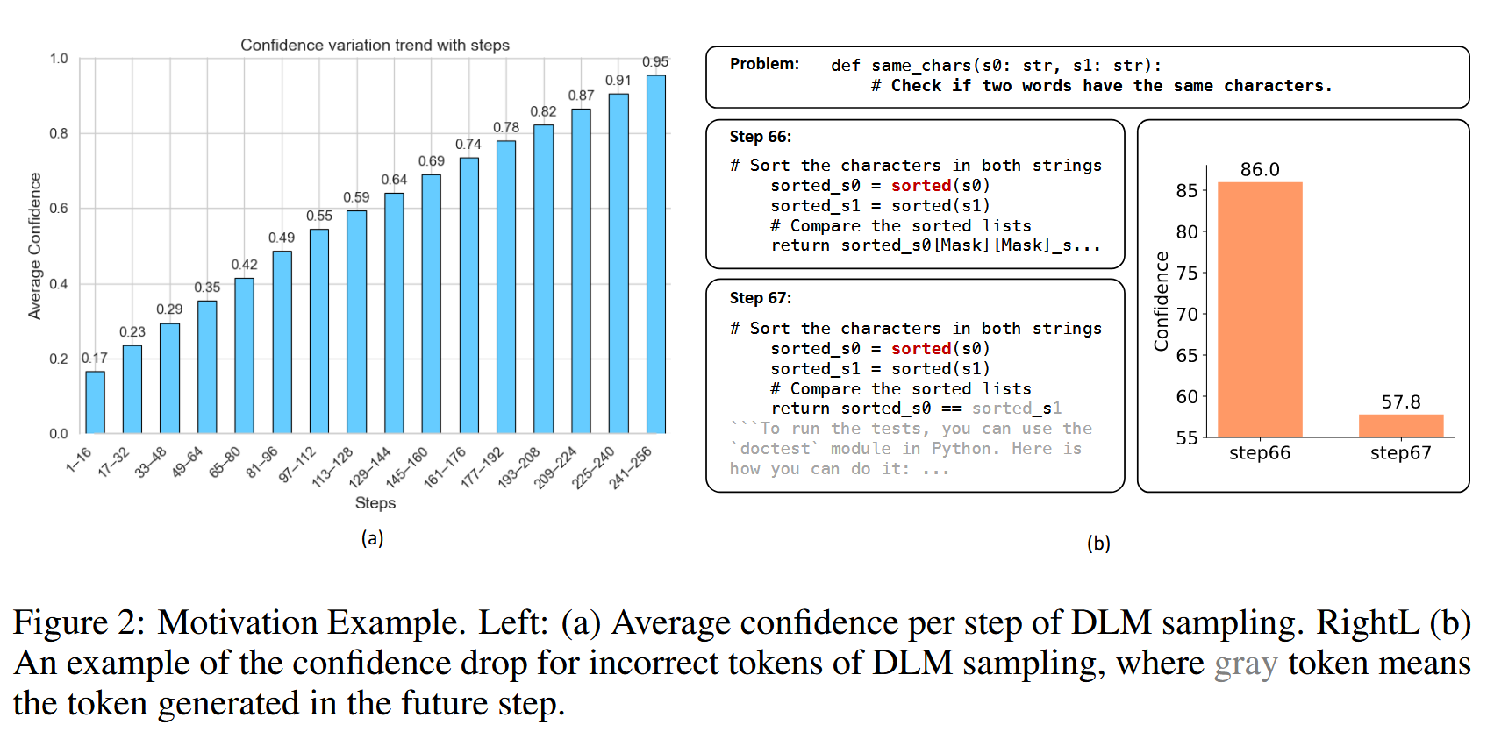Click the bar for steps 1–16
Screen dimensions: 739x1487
pyautogui.click(x=95, y=402)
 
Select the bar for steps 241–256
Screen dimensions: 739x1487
pyautogui.click(x=655, y=254)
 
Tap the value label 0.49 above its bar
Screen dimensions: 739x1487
pyautogui.click(x=282, y=238)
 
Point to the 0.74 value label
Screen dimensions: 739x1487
pyautogui.click(x=468, y=145)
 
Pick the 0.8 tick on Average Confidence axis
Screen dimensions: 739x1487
pyautogui.click(x=59, y=133)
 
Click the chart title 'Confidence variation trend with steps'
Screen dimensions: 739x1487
pyautogui.click(x=375, y=46)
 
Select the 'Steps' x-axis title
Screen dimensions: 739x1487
pyautogui.click(x=375, y=503)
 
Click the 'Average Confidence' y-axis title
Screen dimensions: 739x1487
pyautogui.click(x=35, y=245)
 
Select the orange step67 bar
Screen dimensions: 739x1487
pyautogui.click(x=1401, y=426)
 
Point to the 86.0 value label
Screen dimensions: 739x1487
pyautogui.click(x=1260, y=170)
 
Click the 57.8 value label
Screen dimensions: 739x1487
pyautogui.click(x=1401, y=402)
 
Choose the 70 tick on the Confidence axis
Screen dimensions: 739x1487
pyautogui.click(x=1187, y=314)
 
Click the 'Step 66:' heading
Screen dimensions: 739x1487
pyautogui.click(x=761, y=137)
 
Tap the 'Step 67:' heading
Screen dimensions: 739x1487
pyautogui.click(x=761, y=298)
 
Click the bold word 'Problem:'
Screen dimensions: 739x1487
pyautogui.click(x=764, y=64)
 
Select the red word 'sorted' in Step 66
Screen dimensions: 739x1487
pyautogui.click(x=921, y=186)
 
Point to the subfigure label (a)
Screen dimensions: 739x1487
pyautogui.click(x=372, y=538)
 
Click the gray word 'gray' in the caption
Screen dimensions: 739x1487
pyautogui.click(x=1246, y=664)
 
